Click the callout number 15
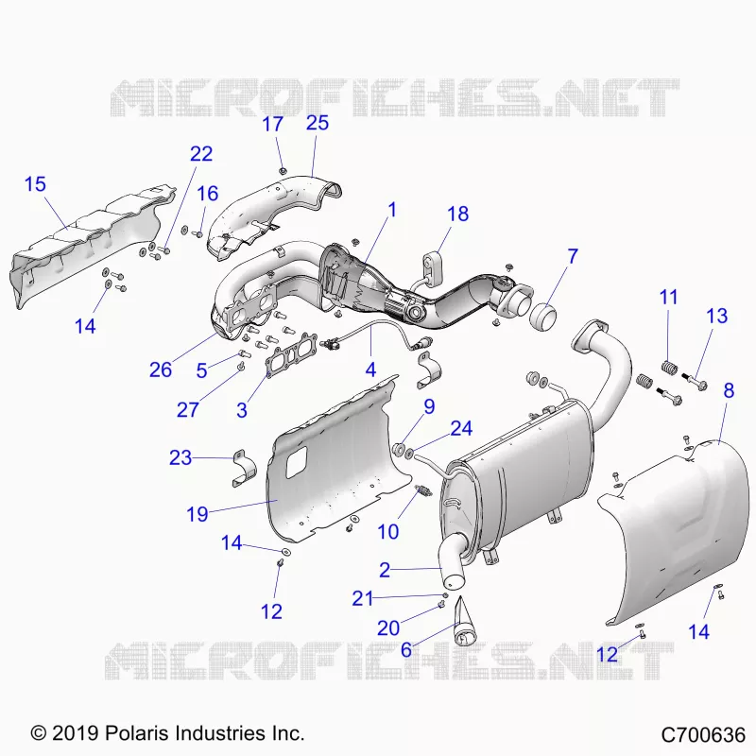(35, 184)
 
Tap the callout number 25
(318, 123)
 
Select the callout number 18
(457, 214)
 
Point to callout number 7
(573, 256)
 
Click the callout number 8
(729, 390)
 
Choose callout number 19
(198, 514)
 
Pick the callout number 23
(180, 457)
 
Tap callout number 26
(161, 369)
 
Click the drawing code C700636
(703, 735)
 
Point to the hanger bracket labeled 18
(429, 266)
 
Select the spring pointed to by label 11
(668, 369)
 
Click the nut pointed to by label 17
(283, 170)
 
